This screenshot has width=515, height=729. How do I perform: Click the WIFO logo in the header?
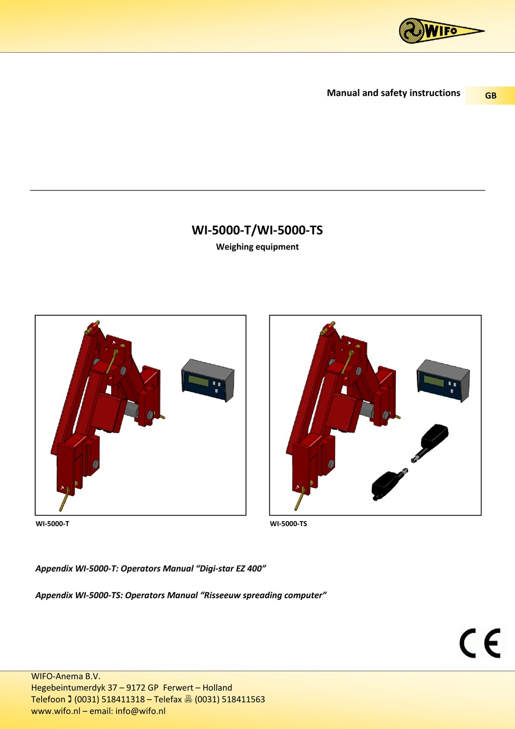coord(440,30)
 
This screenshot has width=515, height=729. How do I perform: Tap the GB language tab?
coord(490,96)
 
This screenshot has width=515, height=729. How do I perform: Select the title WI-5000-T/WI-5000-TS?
coord(257,230)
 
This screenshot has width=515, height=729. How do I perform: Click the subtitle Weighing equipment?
coord(257,246)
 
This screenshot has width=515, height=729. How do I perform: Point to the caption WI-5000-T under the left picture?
coord(53,524)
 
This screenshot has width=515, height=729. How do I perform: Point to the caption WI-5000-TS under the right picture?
coord(288,524)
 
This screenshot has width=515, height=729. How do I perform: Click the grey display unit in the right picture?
coord(443,381)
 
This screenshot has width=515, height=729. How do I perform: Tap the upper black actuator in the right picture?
coord(433,442)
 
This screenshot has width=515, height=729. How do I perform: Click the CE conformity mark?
coord(480,643)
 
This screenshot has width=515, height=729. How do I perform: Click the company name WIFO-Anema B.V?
coord(66,676)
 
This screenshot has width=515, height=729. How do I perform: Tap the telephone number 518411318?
coord(123,699)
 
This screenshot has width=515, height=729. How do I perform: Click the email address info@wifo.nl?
coord(140,711)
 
